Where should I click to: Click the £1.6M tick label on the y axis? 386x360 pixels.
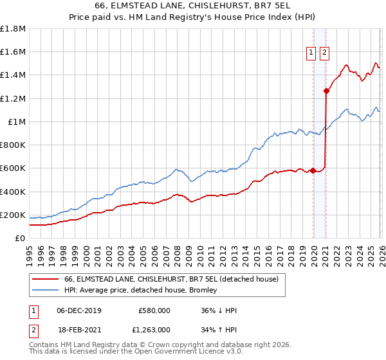click(14, 52)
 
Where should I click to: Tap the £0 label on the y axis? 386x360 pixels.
click(19, 239)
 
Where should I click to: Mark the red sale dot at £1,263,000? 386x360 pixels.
click(327, 91)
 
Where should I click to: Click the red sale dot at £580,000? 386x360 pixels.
click(313, 170)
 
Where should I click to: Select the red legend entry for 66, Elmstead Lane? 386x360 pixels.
click(170, 279)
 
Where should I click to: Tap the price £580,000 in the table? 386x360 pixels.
click(154, 310)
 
